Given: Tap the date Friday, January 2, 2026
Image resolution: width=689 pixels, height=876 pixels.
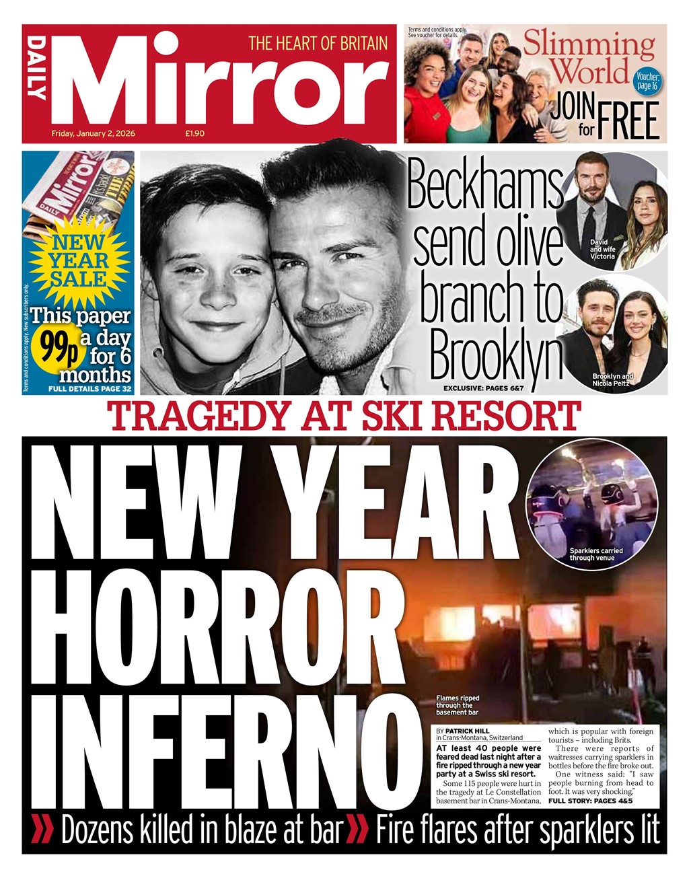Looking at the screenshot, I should point(94,133).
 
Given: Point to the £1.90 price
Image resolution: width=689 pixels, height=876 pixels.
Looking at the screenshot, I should point(195,133).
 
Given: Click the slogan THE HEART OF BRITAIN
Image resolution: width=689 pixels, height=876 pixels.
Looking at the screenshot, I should point(318,44).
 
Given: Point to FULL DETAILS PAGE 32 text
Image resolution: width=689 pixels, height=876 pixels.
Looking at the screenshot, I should point(89,390).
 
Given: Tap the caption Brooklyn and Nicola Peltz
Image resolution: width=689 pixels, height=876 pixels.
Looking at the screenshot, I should point(612,379).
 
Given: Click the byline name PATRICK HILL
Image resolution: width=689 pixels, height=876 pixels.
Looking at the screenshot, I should point(466,731).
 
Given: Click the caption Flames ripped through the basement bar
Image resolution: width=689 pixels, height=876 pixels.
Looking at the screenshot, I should point(458,705).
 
